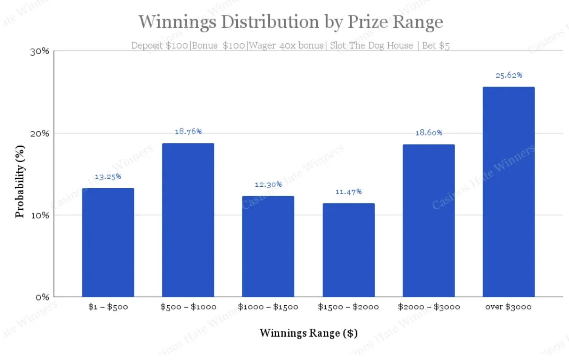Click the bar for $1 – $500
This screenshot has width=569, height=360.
tap(108, 242)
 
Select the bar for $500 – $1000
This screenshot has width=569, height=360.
tap(188, 220)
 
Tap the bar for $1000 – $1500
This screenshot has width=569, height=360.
tap(268, 246)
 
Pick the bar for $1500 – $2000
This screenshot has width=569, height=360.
tap(349, 250)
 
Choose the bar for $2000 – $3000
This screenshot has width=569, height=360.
tap(428, 220)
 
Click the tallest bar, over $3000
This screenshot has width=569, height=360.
tap(508, 191)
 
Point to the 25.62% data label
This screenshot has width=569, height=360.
tap(509, 75)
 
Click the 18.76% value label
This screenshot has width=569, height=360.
tap(188, 132)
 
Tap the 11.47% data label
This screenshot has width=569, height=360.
tap(349, 191)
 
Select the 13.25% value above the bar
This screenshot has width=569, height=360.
tap(108, 177)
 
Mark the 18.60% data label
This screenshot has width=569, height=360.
tap(429, 133)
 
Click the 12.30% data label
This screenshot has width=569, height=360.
tap(268, 184)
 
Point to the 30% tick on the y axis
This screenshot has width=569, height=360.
tap(40, 52)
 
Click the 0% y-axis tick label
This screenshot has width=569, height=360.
tap(42, 297)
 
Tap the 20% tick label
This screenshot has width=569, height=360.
tap(40, 134)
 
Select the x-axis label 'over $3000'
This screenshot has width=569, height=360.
tap(508, 307)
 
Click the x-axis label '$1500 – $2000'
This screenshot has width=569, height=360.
tap(348, 307)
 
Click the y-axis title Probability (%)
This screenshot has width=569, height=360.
tap(19, 182)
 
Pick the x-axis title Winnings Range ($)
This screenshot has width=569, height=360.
tap(309, 333)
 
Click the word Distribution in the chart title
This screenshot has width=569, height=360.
tap(270, 22)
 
